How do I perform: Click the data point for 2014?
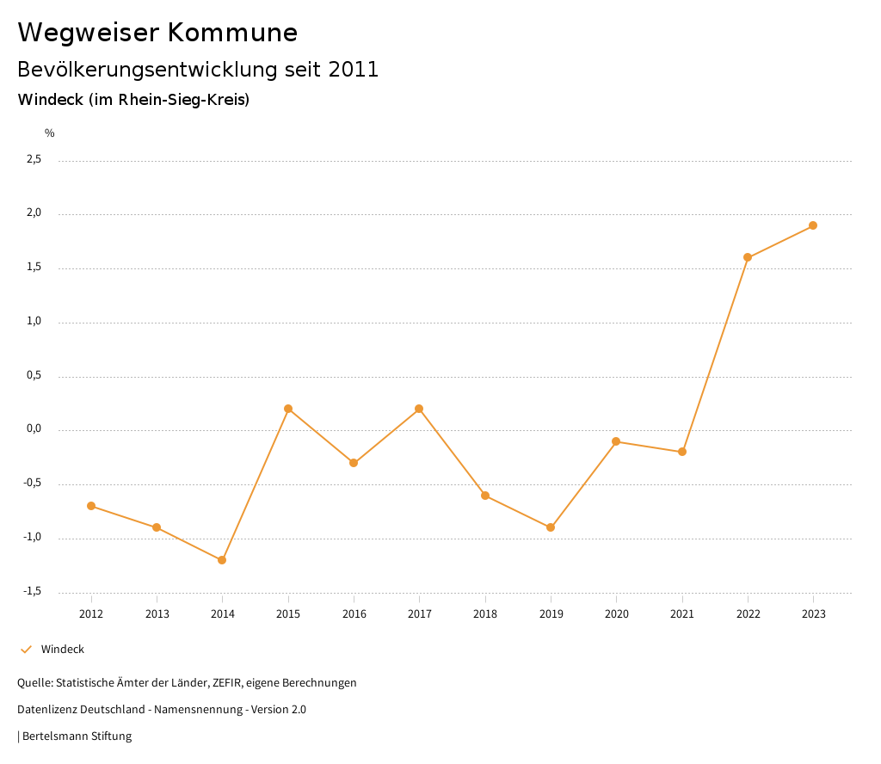coord(222,560)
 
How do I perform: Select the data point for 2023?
coord(813,225)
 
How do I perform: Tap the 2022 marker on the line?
coord(748,257)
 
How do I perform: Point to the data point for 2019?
coord(551,527)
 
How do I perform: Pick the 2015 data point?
coord(288,409)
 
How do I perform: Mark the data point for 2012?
coord(91,506)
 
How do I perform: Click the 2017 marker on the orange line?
coord(419,409)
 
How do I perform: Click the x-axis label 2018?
coord(485,614)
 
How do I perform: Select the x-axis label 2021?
coord(682,614)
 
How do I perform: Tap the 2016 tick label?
coord(354,614)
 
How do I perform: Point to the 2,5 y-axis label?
coord(34,159)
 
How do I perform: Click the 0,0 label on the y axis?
coord(34,429)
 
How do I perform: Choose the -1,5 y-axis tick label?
coord(33,591)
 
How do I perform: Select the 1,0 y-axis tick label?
coord(34,321)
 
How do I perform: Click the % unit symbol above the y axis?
coord(50,133)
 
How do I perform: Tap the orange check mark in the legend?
coord(26,650)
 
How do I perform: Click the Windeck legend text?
coord(63,650)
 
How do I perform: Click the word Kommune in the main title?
coord(232,33)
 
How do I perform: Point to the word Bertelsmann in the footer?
coord(56,736)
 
